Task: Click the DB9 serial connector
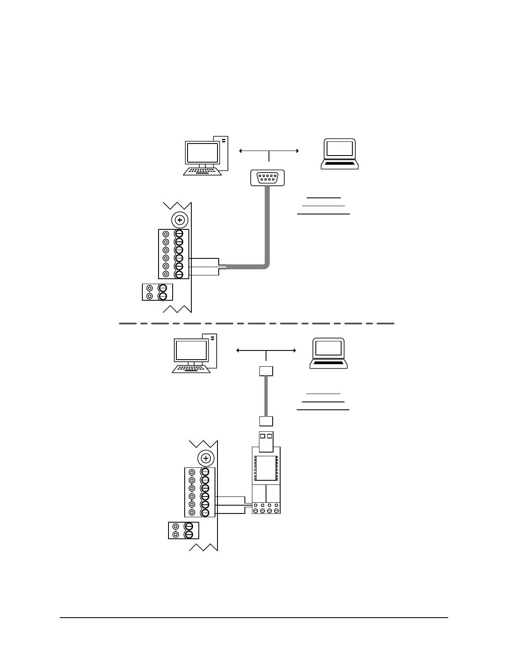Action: pyautogui.click(x=268, y=178)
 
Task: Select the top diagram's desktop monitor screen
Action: pyautogui.click(x=203, y=153)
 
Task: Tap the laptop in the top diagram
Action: pyautogui.click(x=339, y=154)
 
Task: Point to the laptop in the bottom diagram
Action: pyautogui.click(x=328, y=353)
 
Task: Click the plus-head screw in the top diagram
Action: pyautogui.click(x=180, y=219)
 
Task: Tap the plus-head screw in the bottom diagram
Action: pyautogui.click(x=205, y=458)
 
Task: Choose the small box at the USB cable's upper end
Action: pyautogui.click(x=266, y=371)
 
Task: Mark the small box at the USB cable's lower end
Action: pyautogui.click(x=266, y=421)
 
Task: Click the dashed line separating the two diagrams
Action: pyautogui.click(x=256, y=323)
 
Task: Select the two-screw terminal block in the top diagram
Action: pyautogui.click(x=157, y=292)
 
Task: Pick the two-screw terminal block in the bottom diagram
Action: pyautogui.click(x=183, y=530)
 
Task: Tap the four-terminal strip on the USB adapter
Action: pyautogui.click(x=266, y=508)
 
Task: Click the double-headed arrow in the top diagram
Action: pyautogui.click(x=269, y=151)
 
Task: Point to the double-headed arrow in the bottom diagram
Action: pyautogui.click(x=266, y=350)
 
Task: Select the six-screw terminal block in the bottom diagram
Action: pyautogui.click(x=200, y=492)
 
